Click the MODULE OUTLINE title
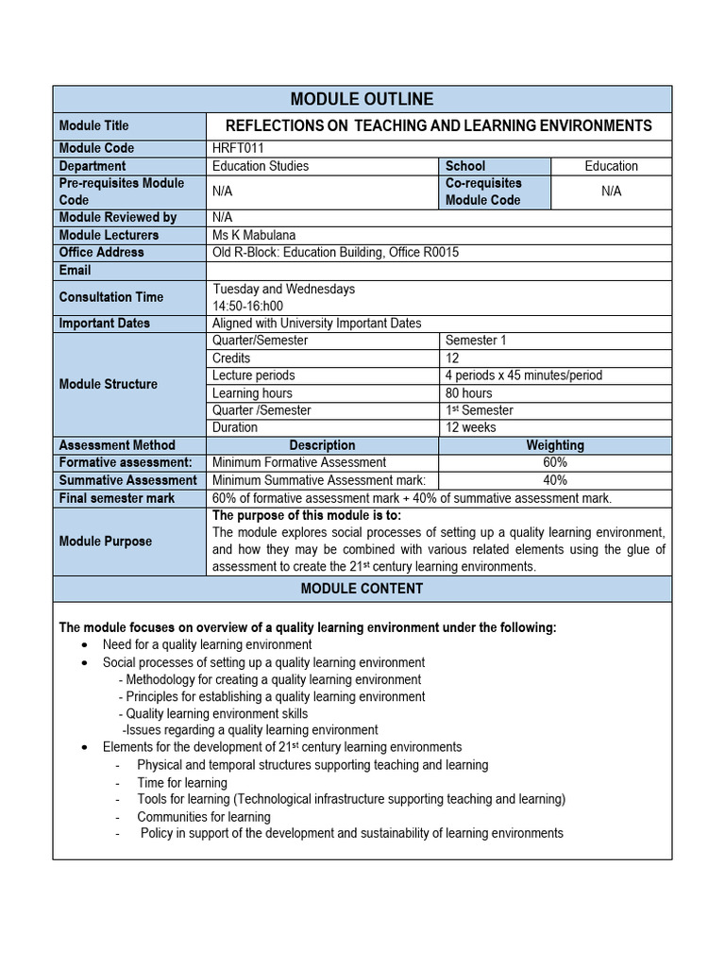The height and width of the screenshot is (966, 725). coord(362,99)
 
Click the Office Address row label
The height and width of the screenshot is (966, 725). coord(102,252)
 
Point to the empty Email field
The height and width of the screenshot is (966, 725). coord(438,271)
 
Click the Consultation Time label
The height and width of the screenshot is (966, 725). coord(110,297)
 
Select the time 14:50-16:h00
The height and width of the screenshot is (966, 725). coord(247,306)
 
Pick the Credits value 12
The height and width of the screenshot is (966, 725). coord(453,358)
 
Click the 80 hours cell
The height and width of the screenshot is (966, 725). coord(469,393)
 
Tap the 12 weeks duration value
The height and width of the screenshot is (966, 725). coord(472,427)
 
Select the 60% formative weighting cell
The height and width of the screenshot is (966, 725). coord(555,462)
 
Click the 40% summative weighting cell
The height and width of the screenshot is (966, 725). coord(555,480)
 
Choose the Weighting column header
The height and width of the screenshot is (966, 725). coord(555,445)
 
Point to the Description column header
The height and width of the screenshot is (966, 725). coord(322,445)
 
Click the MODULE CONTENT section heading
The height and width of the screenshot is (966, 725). coord(362,589)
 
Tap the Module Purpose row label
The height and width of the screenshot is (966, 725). coord(105,541)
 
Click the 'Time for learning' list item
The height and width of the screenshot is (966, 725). coord(182,783)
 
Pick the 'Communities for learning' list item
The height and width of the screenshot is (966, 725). coord(204,817)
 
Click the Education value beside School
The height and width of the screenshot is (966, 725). coord(611,166)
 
